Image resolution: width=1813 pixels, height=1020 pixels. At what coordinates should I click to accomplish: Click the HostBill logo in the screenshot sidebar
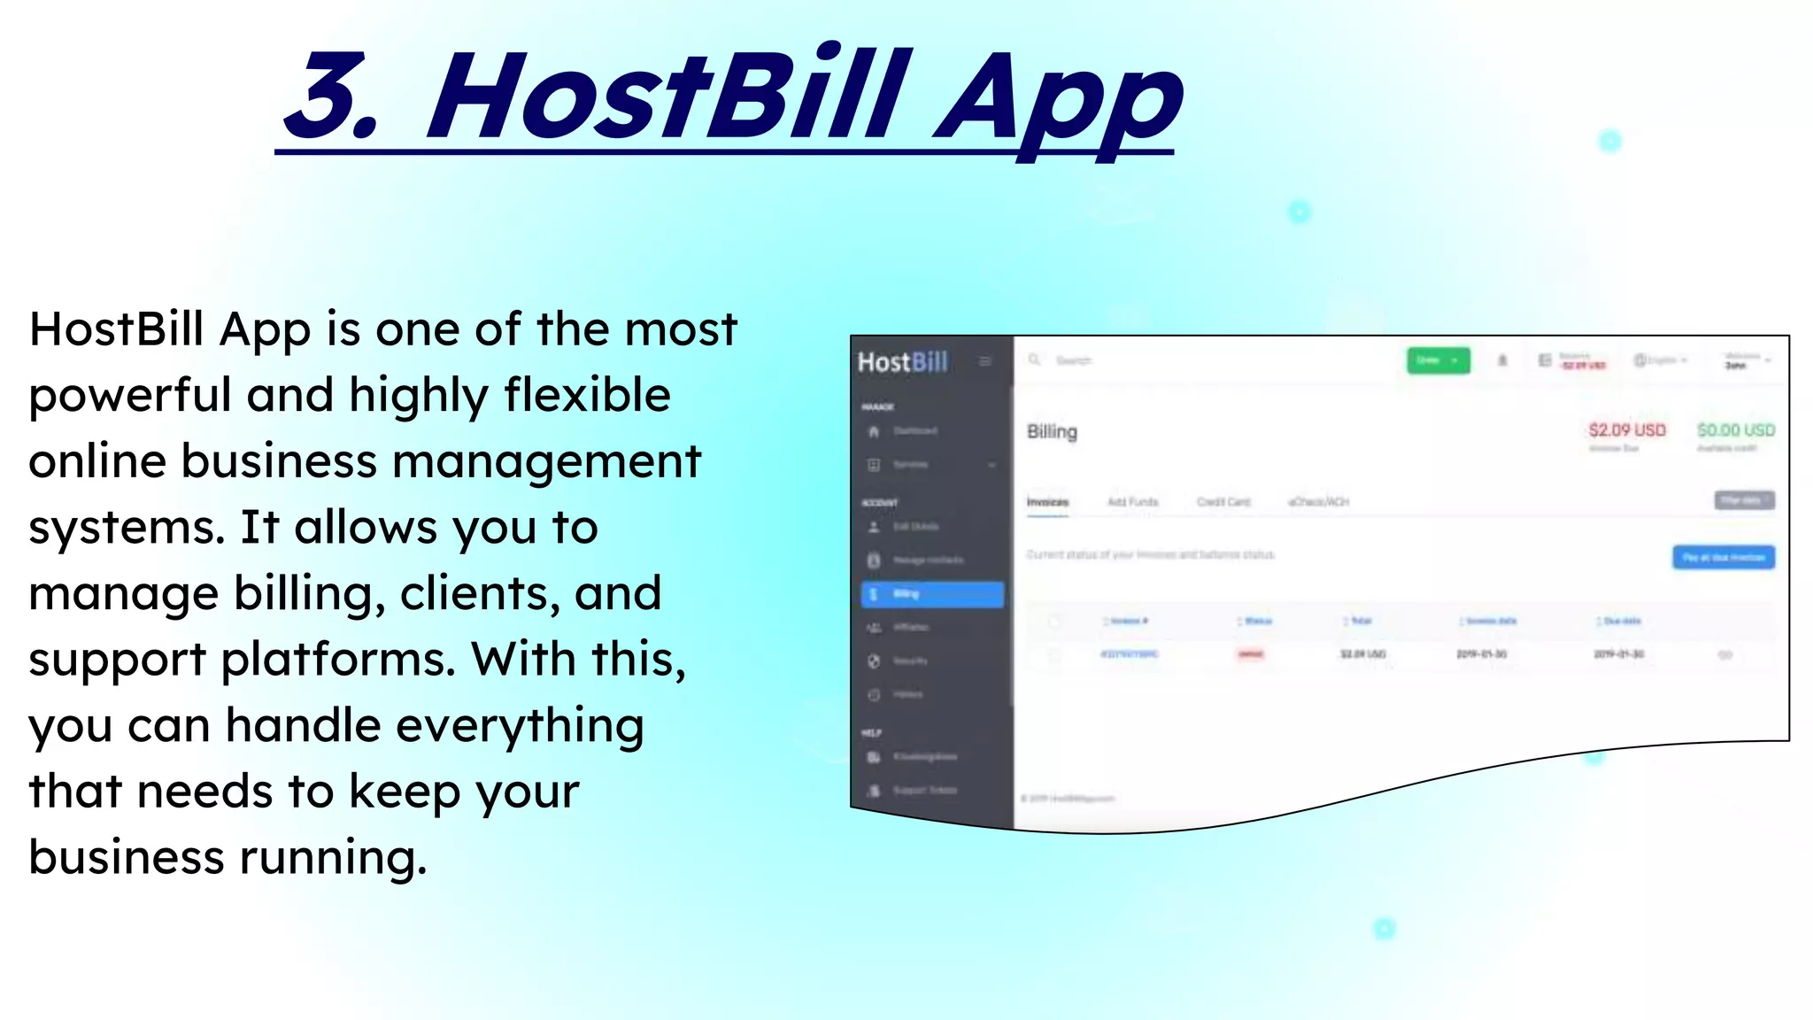pyautogui.click(x=902, y=362)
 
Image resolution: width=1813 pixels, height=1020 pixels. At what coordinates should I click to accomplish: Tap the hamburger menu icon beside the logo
pyautogui.click(x=984, y=361)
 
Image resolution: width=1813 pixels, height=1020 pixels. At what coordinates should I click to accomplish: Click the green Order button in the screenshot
pyautogui.click(x=1438, y=360)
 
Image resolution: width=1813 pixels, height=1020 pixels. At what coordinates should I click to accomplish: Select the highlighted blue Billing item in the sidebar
pyautogui.click(x=931, y=594)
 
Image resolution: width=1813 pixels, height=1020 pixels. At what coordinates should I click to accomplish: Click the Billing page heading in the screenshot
pyautogui.click(x=1052, y=432)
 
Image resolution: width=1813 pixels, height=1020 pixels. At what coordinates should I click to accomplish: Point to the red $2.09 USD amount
pyautogui.click(x=1626, y=430)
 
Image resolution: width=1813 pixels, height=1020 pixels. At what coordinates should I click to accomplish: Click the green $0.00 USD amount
pyautogui.click(x=1735, y=430)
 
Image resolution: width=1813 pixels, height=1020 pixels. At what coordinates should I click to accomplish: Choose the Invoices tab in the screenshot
pyautogui.click(x=1047, y=502)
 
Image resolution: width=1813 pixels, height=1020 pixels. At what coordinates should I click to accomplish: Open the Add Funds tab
pyautogui.click(x=1132, y=502)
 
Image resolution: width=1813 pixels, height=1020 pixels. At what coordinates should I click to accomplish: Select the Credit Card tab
pyautogui.click(x=1223, y=502)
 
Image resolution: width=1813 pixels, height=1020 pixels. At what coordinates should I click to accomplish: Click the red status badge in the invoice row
pyautogui.click(x=1250, y=654)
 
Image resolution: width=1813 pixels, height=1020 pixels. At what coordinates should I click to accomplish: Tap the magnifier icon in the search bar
pyautogui.click(x=1034, y=359)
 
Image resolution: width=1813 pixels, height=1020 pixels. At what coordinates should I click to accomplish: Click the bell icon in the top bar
pyautogui.click(x=1502, y=360)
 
